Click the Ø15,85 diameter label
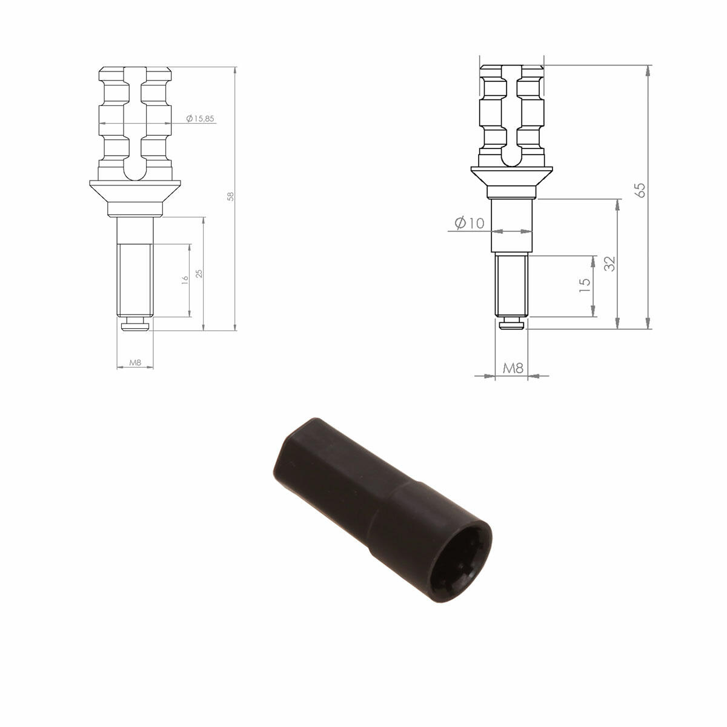coord(200,119)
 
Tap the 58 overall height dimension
coord(230,196)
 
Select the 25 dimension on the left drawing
coord(199,273)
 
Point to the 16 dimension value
coord(185,279)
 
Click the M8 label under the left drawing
coord(135,362)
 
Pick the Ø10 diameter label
coord(470,223)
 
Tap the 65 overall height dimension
coord(640,190)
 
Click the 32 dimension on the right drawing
coord(609,264)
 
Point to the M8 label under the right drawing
coord(513,368)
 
